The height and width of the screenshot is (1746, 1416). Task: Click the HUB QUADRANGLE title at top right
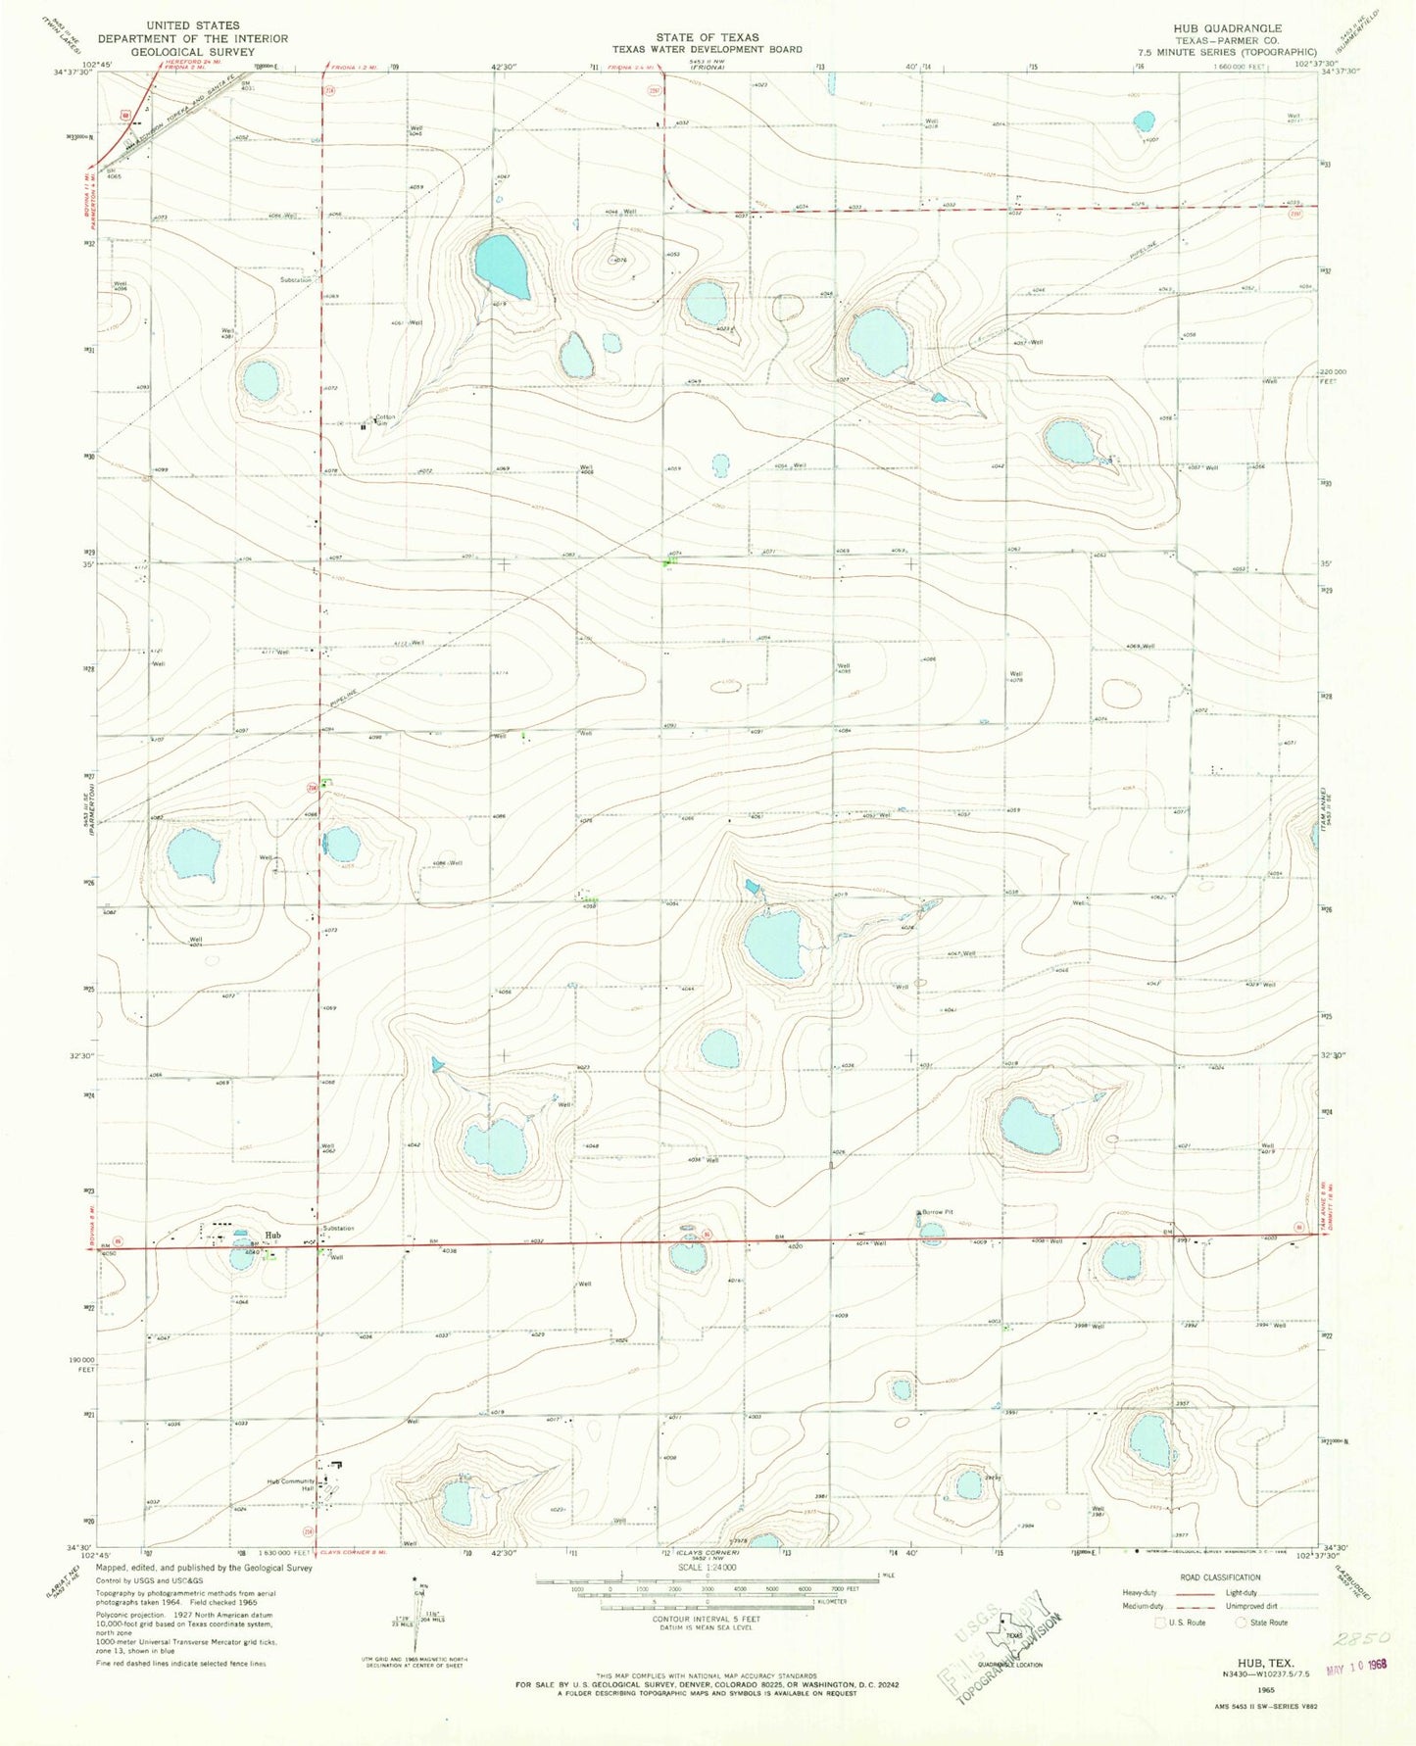pos(1233,28)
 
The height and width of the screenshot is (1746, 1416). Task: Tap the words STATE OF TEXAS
pos(707,37)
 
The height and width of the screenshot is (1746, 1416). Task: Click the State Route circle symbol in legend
pos(1242,1623)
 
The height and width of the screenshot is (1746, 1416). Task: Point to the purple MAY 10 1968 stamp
pos(1361,1665)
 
